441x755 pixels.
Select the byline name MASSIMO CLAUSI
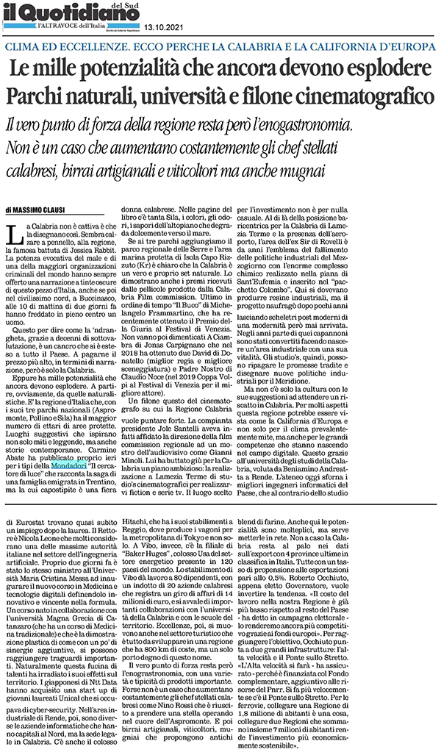click(50, 210)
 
